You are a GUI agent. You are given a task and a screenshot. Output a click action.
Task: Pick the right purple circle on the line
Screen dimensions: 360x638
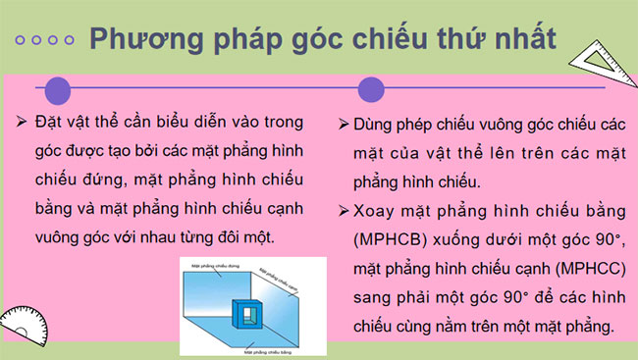point(370,90)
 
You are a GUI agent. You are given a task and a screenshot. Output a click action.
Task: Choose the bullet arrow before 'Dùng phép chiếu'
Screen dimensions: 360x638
point(343,127)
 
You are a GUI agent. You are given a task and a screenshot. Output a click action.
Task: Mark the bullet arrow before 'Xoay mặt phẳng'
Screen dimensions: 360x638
point(343,210)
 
